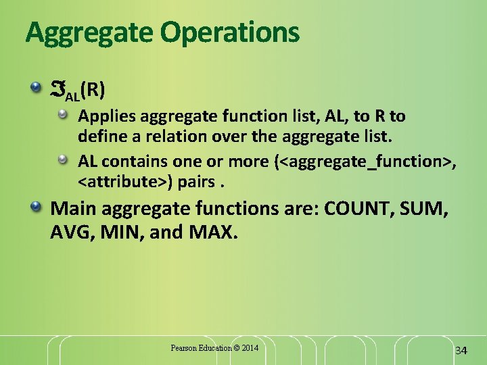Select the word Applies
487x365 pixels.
tap(106, 116)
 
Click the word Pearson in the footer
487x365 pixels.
tap(184, 348)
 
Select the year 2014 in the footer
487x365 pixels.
tap(249, 348)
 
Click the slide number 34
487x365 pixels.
tap(461, 350)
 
